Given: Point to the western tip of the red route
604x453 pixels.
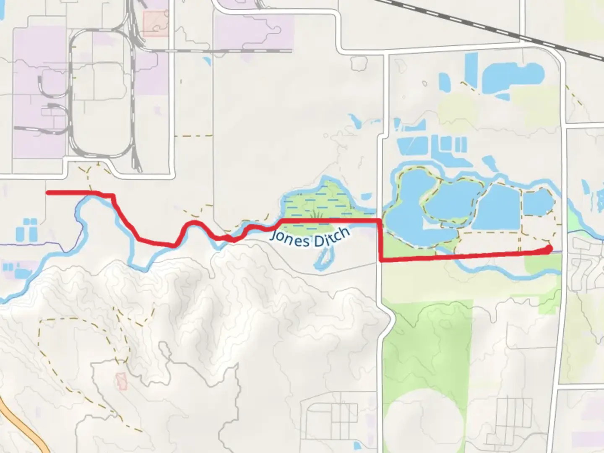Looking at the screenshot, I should [48, 193].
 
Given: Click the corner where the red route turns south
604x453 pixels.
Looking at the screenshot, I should [380, 220].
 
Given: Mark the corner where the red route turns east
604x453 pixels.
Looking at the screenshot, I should [381, 260].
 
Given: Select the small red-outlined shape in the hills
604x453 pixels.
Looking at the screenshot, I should [122, 381].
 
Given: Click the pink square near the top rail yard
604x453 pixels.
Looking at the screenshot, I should [155, 23].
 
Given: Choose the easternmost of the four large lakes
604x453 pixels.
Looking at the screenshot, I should [538, 201].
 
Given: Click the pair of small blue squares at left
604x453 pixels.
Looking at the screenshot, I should [30, 222].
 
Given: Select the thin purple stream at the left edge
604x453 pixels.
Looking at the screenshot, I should [34, 244].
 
